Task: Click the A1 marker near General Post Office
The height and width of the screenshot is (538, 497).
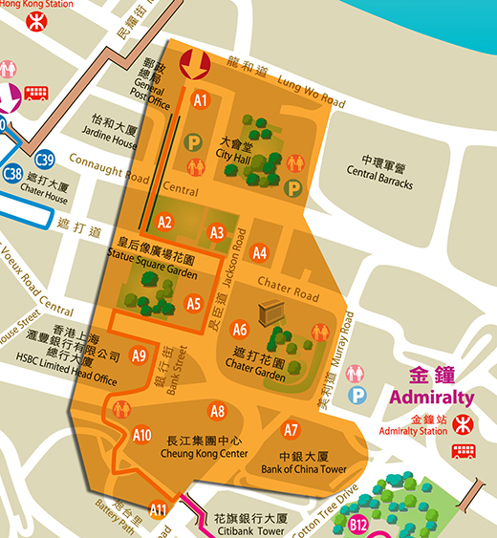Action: (x=200, y=98)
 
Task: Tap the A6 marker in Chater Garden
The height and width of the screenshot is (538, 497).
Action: (x=240, y=330)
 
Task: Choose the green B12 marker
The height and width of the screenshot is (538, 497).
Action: (x=358, y=523)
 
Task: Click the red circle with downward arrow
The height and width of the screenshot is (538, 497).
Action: (x=197, y=63)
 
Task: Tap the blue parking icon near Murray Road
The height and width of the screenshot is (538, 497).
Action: (x=358, y=394)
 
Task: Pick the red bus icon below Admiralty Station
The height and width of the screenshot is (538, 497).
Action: (x=465, y=451)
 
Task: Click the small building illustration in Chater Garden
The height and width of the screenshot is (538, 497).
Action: (x=268, y=312)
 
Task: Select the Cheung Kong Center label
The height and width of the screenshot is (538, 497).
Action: (x=207, y=447)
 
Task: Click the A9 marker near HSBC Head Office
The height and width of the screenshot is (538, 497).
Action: (x=139, y=355)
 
